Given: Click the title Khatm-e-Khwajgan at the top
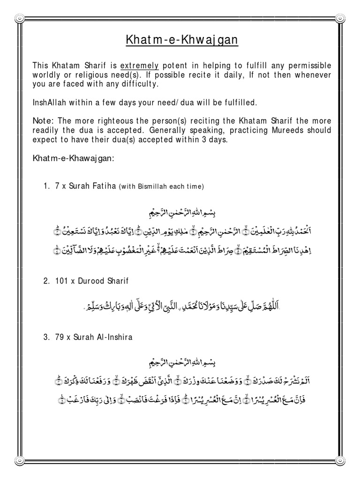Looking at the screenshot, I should [x=182, y=41].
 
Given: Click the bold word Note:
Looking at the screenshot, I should [x=43, y=121].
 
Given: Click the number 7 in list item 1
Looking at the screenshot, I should [x=57, y=186].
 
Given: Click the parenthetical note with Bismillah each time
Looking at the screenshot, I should [x=162, y=187].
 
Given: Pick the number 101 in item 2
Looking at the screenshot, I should [x=61, y=281].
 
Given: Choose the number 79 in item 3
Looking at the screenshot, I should [x=60, y=337].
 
